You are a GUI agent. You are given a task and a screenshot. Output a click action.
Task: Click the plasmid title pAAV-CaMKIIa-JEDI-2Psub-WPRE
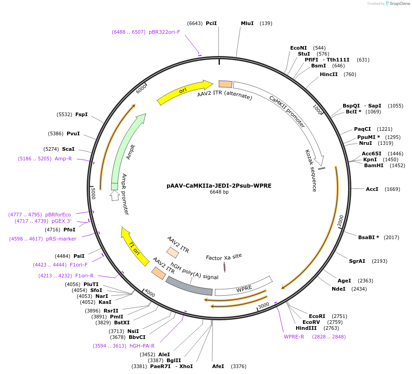tap(219, 186)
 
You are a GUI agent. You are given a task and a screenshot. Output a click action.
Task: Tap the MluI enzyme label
tap(247, 23)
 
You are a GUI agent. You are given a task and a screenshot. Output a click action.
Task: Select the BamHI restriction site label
tap(374, 165)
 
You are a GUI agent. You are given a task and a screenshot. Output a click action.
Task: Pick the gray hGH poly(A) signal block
tap(189, 286)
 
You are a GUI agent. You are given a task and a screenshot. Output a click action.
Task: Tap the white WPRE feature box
tap(244, 288)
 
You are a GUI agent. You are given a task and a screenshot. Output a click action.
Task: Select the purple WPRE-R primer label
tap(294, 337)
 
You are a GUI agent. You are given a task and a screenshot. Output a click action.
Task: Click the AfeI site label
tap(219, 366)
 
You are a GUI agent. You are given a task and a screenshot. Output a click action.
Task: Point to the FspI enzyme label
tap(81, 114)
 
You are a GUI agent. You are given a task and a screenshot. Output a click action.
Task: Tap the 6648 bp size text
tap(219, 192)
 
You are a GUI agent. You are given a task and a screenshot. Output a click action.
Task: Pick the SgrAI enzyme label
tap(357, 261)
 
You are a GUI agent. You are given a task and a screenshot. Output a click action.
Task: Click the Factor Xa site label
tap(224, 257)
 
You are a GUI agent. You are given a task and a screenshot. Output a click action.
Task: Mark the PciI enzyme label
tap(211, 23)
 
